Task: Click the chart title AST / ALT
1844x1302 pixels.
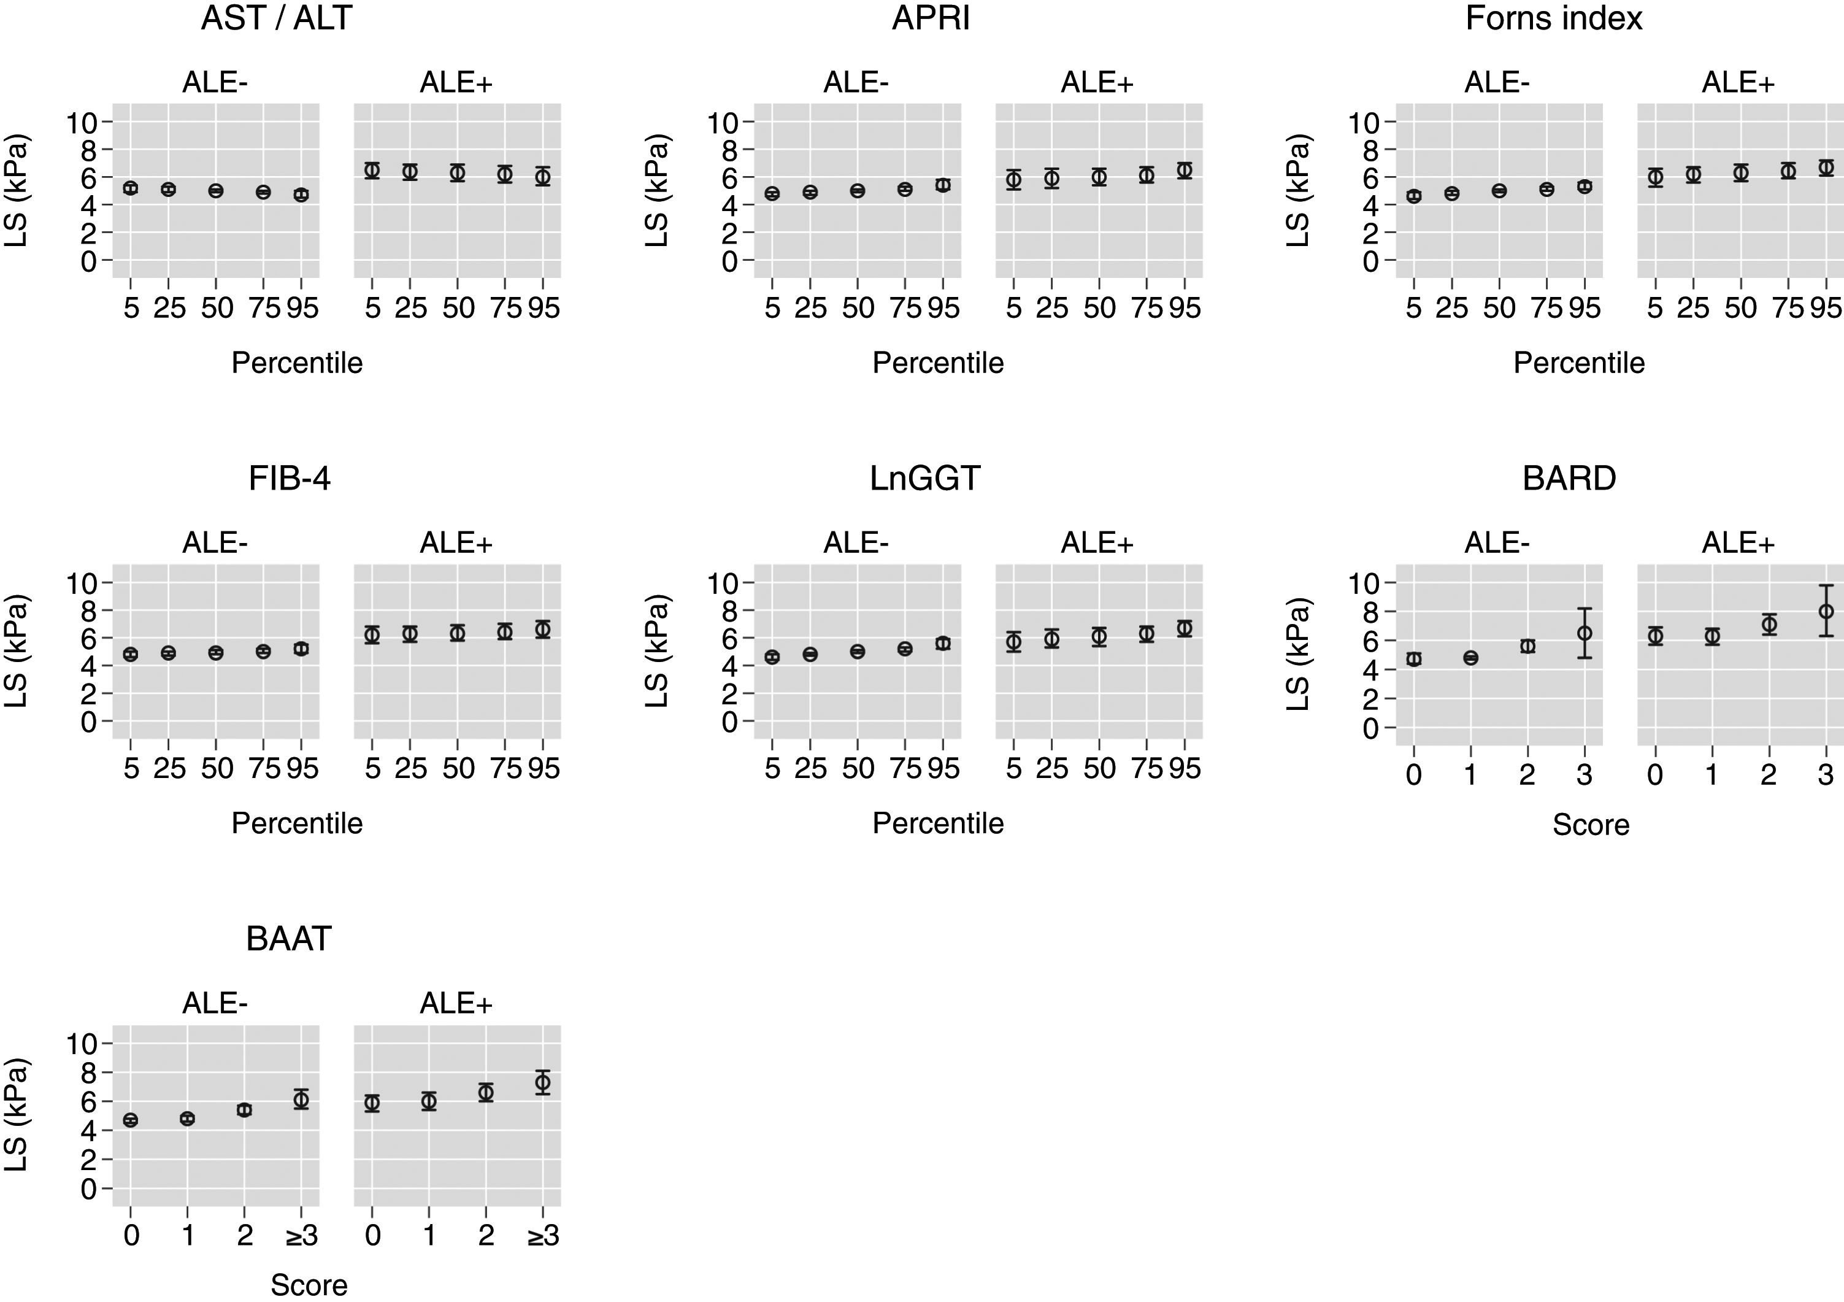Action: [x=276, y=18]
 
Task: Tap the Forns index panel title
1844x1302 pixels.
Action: [x=1553, y=18]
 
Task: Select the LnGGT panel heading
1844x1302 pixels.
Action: [x=924, y=479]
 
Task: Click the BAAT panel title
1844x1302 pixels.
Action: [x=288, y=939]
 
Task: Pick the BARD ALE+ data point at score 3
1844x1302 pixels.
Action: [x=1826, y=611]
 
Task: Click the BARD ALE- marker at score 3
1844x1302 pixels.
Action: [x=1584, y=633]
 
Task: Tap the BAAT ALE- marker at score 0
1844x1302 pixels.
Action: [x=131, y=1120]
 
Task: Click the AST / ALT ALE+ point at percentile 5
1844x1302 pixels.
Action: [x=372, y=171]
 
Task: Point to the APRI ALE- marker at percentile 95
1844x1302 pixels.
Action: [x=943, y=185]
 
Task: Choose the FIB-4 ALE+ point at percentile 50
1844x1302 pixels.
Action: [x=457, y=633]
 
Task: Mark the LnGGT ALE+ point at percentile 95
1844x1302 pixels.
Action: [x=1184, y=628]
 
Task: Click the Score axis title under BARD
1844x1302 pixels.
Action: [x=1590, y=825]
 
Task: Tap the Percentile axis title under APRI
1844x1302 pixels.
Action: [x=937, y=363]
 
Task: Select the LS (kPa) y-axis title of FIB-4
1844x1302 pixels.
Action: [x=16, y=650]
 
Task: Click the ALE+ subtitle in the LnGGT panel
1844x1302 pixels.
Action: [x=1097, y=544]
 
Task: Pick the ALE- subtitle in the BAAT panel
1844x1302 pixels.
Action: [x=215, y=1003]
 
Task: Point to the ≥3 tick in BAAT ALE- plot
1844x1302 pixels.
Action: [x=301, y=1235]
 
